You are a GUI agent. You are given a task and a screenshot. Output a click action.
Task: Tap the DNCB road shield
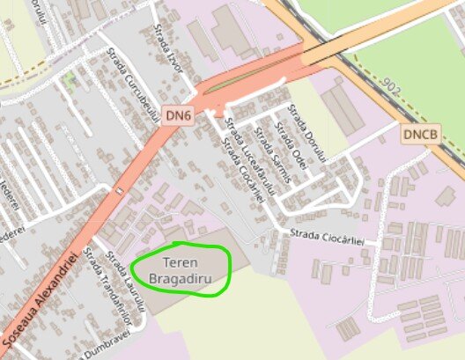click(x=420, y=135)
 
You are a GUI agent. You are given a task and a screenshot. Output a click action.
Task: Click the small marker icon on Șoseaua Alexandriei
click(x=118, y=189)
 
